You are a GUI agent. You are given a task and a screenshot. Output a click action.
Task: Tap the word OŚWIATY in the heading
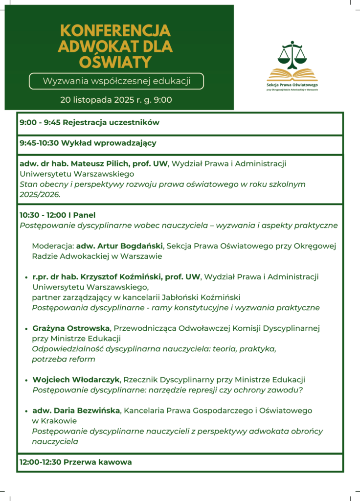click(115, 62)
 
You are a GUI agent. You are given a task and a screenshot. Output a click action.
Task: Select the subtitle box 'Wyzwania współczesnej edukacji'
click(116, 81)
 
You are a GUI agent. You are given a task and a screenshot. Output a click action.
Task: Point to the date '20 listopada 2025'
click(93, 100)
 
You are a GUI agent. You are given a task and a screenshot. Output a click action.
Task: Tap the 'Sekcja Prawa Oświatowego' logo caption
click(292, 85)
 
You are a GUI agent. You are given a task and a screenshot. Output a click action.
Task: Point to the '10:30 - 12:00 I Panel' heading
click(57, 215)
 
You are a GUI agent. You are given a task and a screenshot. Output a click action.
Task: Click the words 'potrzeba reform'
click(64, 359)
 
